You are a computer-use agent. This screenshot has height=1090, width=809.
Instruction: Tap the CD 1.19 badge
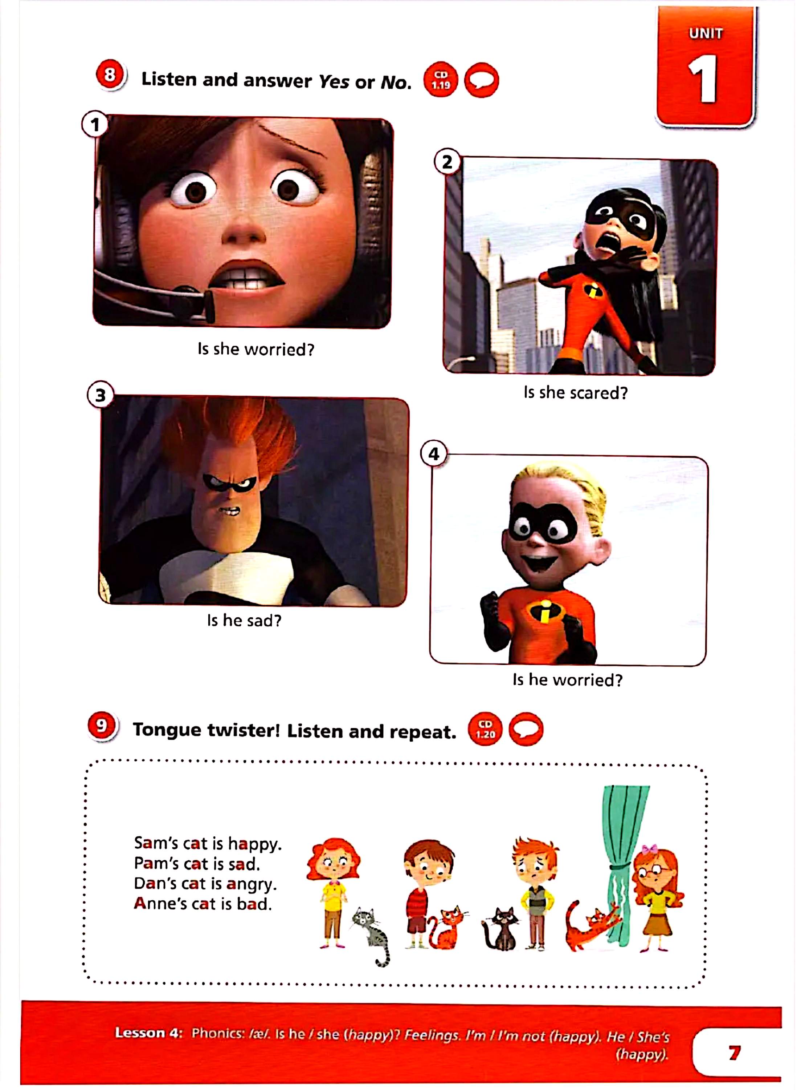pos(441,80)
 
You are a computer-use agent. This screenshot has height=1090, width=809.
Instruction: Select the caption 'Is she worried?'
pos(256,350)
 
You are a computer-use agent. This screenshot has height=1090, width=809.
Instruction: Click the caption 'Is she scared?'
pos(575,392)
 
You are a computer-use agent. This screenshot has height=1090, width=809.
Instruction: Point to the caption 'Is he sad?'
pos(244,621)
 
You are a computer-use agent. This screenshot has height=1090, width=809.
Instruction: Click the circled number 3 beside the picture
pos(101,395)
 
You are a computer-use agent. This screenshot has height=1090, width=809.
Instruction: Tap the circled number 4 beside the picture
pos(434,454)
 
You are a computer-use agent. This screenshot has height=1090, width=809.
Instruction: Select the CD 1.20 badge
pos(485,730)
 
